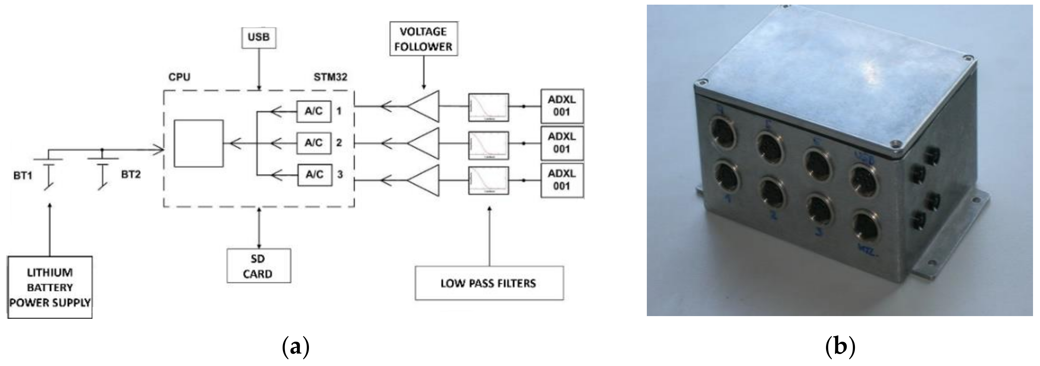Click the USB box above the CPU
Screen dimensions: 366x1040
click(259, 38)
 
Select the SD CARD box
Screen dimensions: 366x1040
click(258, 266)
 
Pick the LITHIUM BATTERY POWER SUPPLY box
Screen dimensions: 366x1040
click(50, 287)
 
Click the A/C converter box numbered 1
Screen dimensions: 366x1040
click(314, 111)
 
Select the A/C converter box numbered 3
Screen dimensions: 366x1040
click(315, 175)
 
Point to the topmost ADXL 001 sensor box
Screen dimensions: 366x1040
click(562, 106)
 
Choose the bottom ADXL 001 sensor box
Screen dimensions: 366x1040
click(562, 180)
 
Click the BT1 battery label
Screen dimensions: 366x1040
click(23, 176)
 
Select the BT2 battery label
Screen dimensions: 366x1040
click(131, 175)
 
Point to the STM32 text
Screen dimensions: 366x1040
click(330, 77)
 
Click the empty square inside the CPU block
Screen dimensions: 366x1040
click(198, 143)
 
